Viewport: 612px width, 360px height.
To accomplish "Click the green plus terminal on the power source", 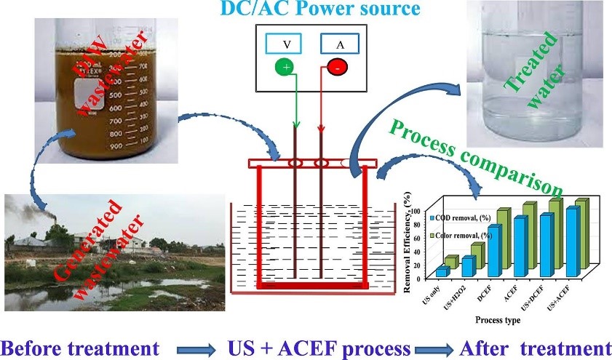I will (x=284, y=69).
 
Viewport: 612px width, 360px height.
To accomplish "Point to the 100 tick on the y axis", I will (x=416, y=211).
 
